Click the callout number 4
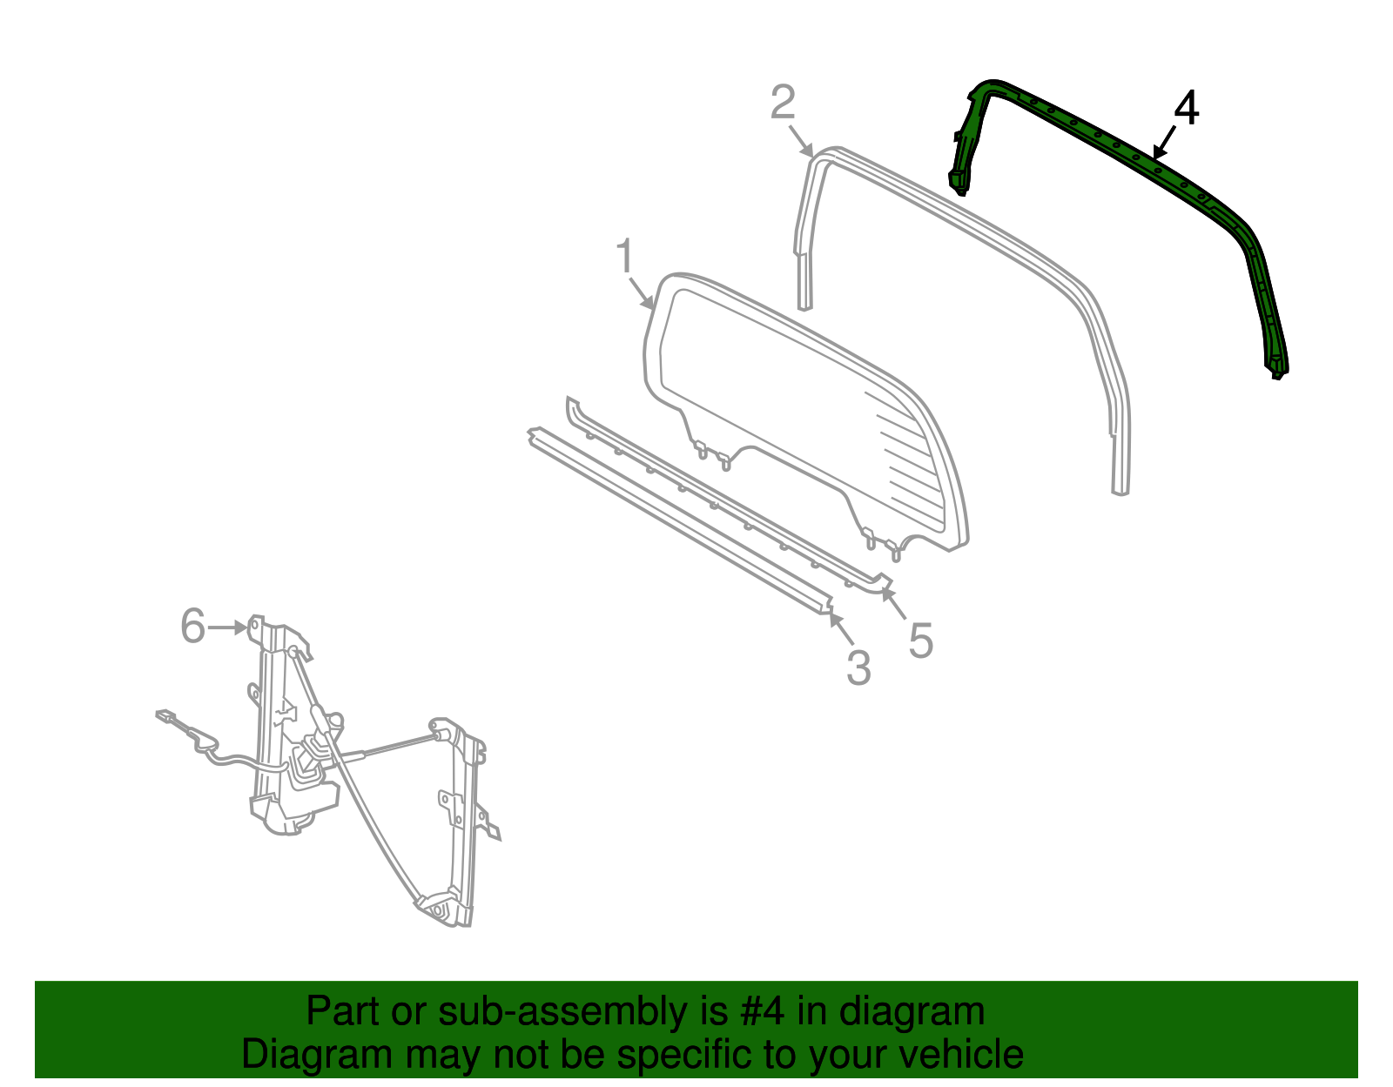pyautogui.click(x=1187, y=110)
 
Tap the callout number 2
pyautogui.click(x=783, y=103)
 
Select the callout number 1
pyautogui.click(x=624, y=257)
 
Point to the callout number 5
pyautogui.click(x=920, y=641)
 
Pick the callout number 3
pyautogui.click(x=858, y=668)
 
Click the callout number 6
pyautogui.click(x=192, y=626)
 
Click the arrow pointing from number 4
pyautogui.click(x=1163, y=143)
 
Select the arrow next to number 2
pyautogui.click(x=802, y=141)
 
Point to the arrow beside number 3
pyautogui.click(x=840, y=628)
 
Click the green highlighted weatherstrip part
pyautogui.click(x=1114, y=142)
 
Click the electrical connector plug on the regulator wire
pyautogui.click(x=165, y=716)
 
